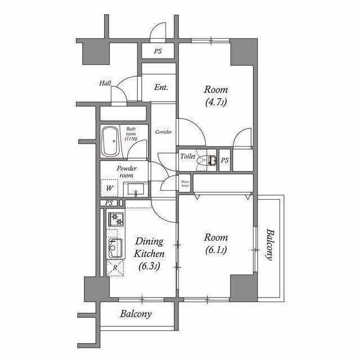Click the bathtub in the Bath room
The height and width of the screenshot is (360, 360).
click(x=110, y=141)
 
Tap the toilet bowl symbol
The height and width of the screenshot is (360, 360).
click(x=206, y=160)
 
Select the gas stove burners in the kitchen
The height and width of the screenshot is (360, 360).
click(x=116, y=219)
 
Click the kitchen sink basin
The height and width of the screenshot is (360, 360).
click(x=115, y=249)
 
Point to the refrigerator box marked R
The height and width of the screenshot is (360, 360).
click(x=115, y=268)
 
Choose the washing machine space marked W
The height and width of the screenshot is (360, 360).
click(x=109, y=188)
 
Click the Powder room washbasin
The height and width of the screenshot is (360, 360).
click(x=136, y=190)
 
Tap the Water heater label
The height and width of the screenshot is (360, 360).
click(x=185, y=183)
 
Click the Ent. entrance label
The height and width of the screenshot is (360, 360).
click(x=161, y=87)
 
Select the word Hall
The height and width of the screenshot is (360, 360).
click(x=105, y=83)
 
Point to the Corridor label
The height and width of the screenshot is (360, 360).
click(x=164, y=132)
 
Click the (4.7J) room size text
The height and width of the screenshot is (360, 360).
click(x=216, y=102)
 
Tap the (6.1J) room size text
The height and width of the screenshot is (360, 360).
click(x=216, y=250)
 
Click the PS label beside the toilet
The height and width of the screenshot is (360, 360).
click(x=224, y=160)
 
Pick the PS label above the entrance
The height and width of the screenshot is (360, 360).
click(x=158, y=51)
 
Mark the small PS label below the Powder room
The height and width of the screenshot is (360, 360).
click(x=109, y=203)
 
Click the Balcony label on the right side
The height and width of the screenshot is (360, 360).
click(x=271, y=245)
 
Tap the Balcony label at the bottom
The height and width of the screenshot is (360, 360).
click(x=136, y=314)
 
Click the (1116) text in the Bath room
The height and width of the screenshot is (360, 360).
click(x=131, y=138)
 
